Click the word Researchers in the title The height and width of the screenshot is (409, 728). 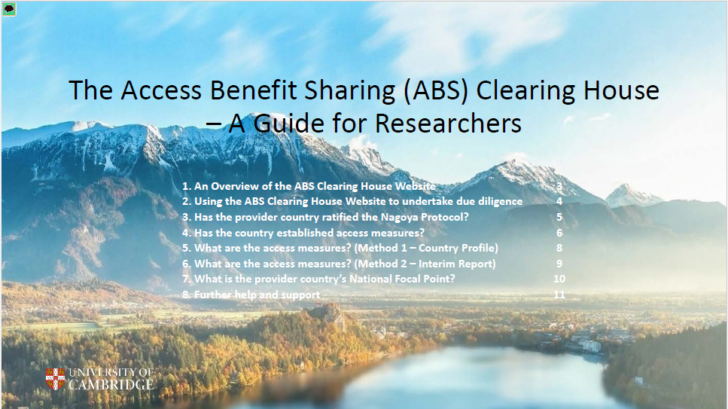[x=448, y=124]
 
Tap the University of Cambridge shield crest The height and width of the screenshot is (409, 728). [x=55, y=379]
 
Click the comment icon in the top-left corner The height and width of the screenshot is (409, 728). [x=9, y=9]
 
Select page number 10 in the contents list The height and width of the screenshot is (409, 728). [x=559, y=279]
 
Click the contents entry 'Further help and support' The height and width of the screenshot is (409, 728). [x=251, y=295]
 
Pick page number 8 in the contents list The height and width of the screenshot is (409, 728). [x=559, y=249]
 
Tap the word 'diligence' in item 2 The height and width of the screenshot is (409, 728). [x=499, y=202]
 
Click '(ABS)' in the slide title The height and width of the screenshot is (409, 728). [x=436, y=90]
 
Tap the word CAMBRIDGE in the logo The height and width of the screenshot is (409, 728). [x=111, y=384]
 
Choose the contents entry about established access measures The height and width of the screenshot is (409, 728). [x=303, y=233]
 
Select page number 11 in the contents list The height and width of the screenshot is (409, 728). [x=559, y=295]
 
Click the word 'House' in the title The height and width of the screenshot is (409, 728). [x=621, y=90]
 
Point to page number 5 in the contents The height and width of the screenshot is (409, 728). [x=559, y=217]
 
